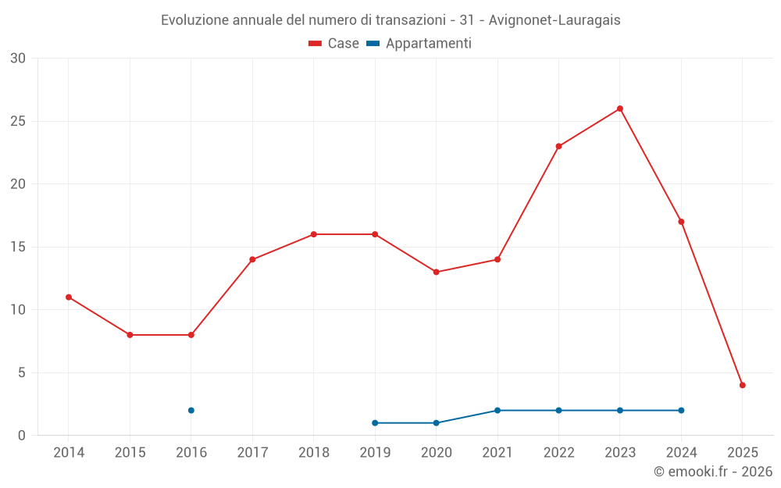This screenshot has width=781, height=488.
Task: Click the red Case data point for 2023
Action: pyautogui.click(x=620, y=109)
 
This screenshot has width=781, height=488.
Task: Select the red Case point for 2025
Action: pyautogui.click(x=743, y=385)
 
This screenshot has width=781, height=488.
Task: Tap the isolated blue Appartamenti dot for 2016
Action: pyautogui.click(x=191, y=410)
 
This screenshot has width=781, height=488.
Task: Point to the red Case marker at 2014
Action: pyautogui.click(x=69, y=297)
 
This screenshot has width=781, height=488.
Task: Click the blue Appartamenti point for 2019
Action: pyautogui.click(x=375, y=422)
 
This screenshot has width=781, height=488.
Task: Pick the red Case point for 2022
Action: pyautogui.click(x=558, y=146)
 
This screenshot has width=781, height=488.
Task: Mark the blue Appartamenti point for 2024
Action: pyautogui.click(x=681, y=410)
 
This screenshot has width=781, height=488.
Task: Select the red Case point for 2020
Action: pyautogui.click(x=436, y=272)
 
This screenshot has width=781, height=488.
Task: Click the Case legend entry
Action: pyautogui.click(x=333, y=44)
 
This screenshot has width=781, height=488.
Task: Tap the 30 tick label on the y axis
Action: pyautogui.click(x=18, y=59)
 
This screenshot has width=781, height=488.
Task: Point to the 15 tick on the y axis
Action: pyautogui.click(x=18, y=247)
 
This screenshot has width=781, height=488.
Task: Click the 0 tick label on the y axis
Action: pyautogui.click(x=22, y=436)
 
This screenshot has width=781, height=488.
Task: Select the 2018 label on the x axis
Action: pyautogui.click(x=313, y=453)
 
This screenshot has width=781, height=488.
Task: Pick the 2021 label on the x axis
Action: pyautogui.click(x=497, y=453)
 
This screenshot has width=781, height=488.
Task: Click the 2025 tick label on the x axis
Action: pyautogui.click(x=743, y=453)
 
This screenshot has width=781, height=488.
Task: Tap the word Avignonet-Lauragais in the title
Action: pyautogui.click(x=555, y=20)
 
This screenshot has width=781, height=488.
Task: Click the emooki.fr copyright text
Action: pyautogui.click(x=712, y=472)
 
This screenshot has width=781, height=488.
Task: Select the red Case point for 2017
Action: pyautogui.click(x=252, y=259)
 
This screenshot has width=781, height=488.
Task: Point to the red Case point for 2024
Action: pyautogui.click(x=681, y=222)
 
